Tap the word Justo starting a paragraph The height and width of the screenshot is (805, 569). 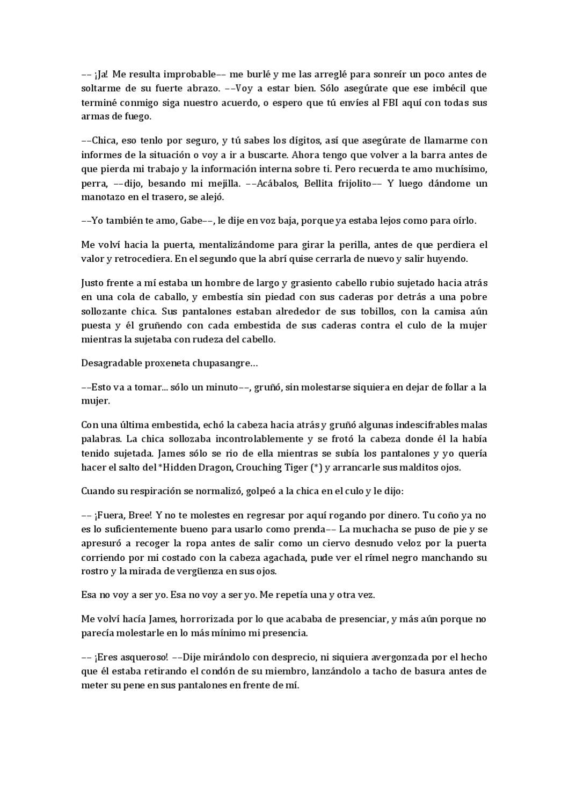(93, 283)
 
